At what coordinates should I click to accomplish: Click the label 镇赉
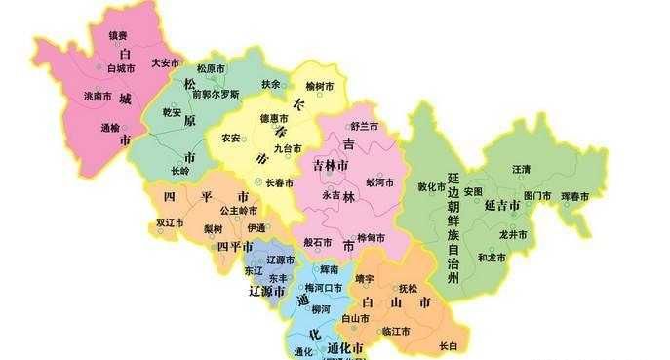pyautogui.click(x=118, y=36)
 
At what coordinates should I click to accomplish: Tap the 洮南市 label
pyautogui.click(x=98, y=95)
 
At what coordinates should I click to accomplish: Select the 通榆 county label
pyautogui.click(x=110, y=127)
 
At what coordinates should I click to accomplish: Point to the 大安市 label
pyautogui.click(x=166, y=62)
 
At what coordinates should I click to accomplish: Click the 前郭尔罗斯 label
pyautogui.click(x=215, y=95)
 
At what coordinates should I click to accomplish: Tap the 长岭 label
pyautogui.click(x=180, y=170)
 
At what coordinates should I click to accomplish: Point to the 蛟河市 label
pyautogui.click(x=379, y=182)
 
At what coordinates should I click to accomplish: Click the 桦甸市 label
pyautogui.click(x=371, y=238)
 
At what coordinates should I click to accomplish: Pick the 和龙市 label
pyautogui.click(x=493, y=257)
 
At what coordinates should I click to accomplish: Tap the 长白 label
pyautogui.click(x=448, y=345)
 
